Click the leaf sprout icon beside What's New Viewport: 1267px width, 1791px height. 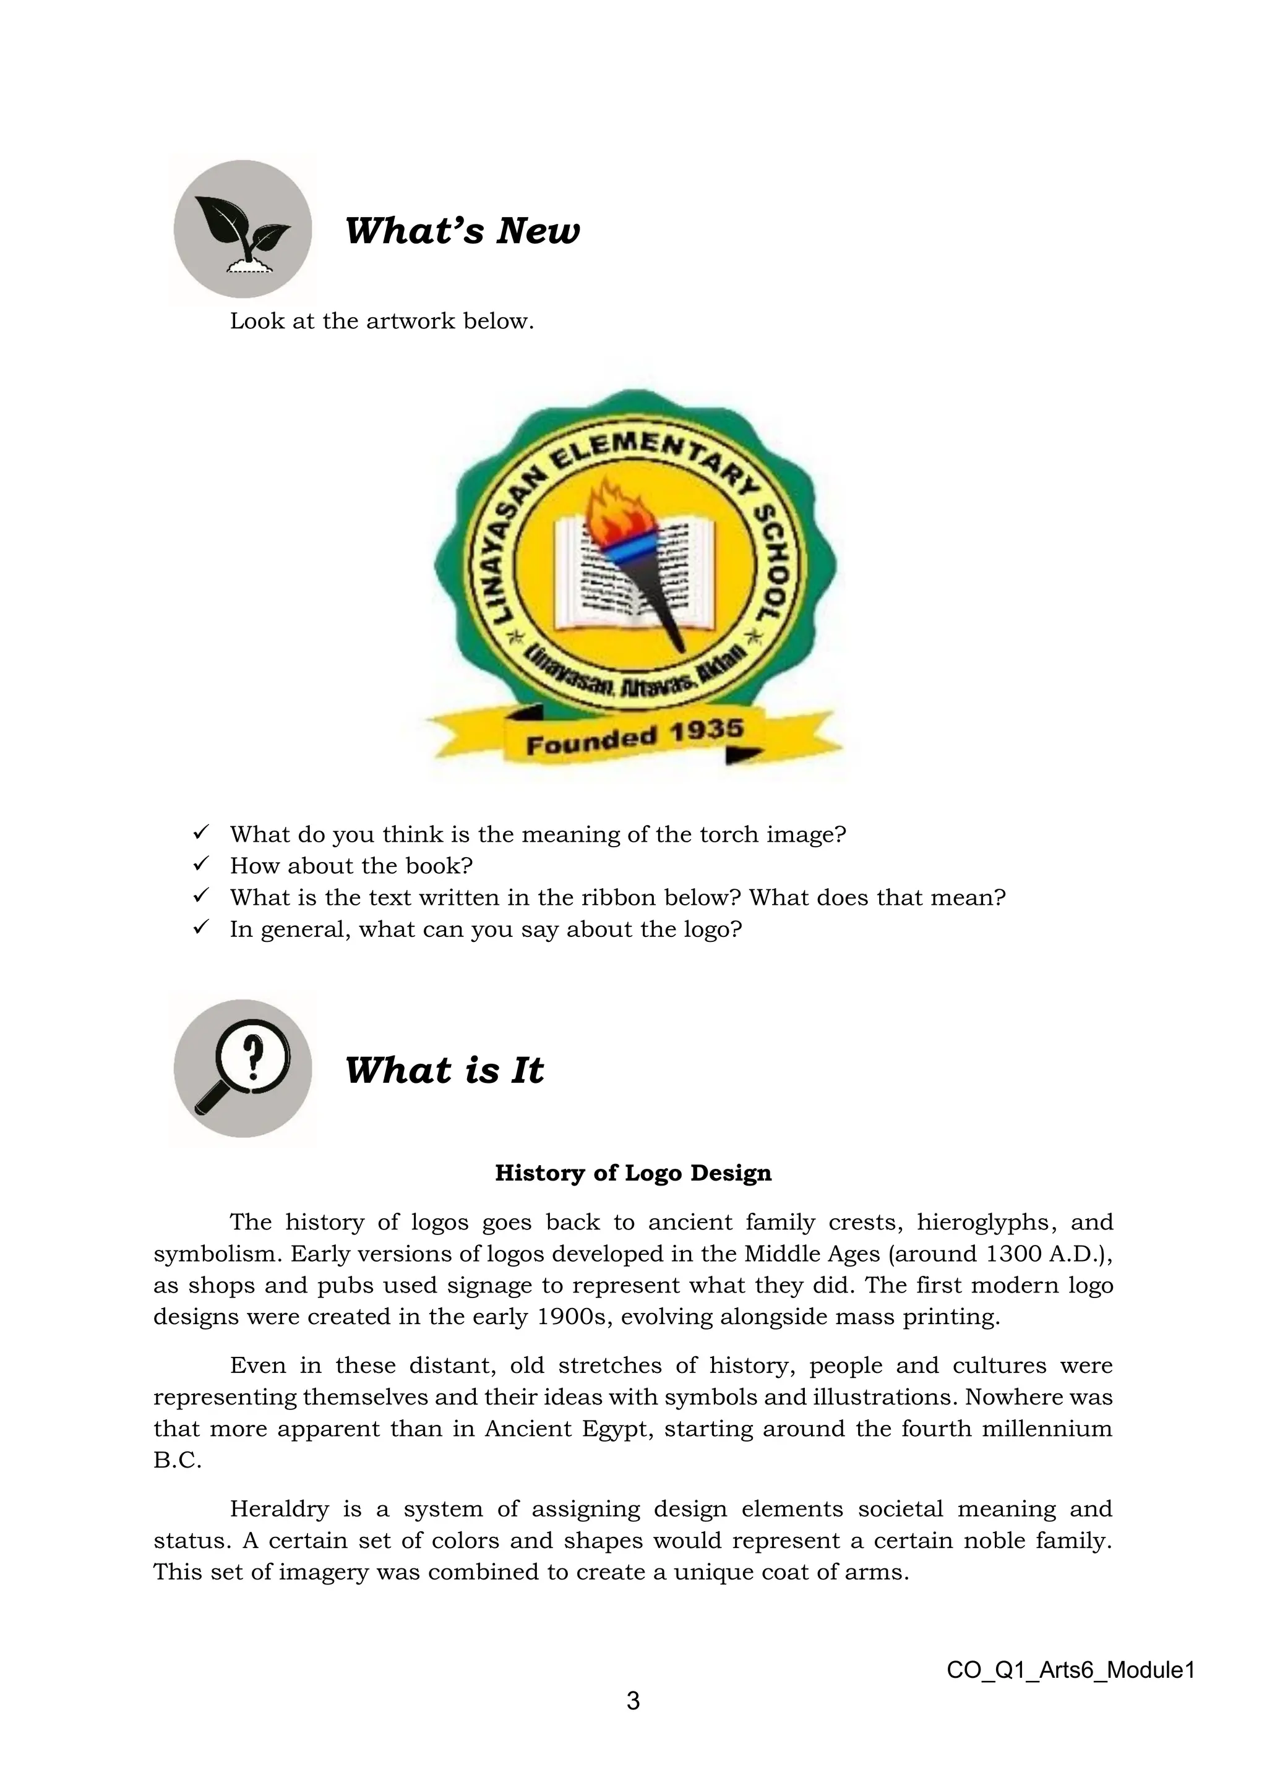[243, 230]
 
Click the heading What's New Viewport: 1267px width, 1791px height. [462, 231]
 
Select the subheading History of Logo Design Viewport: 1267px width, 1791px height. [633, 1173]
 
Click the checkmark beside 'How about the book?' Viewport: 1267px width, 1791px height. [200, 865]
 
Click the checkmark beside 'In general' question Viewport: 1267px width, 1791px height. [200, 928]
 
